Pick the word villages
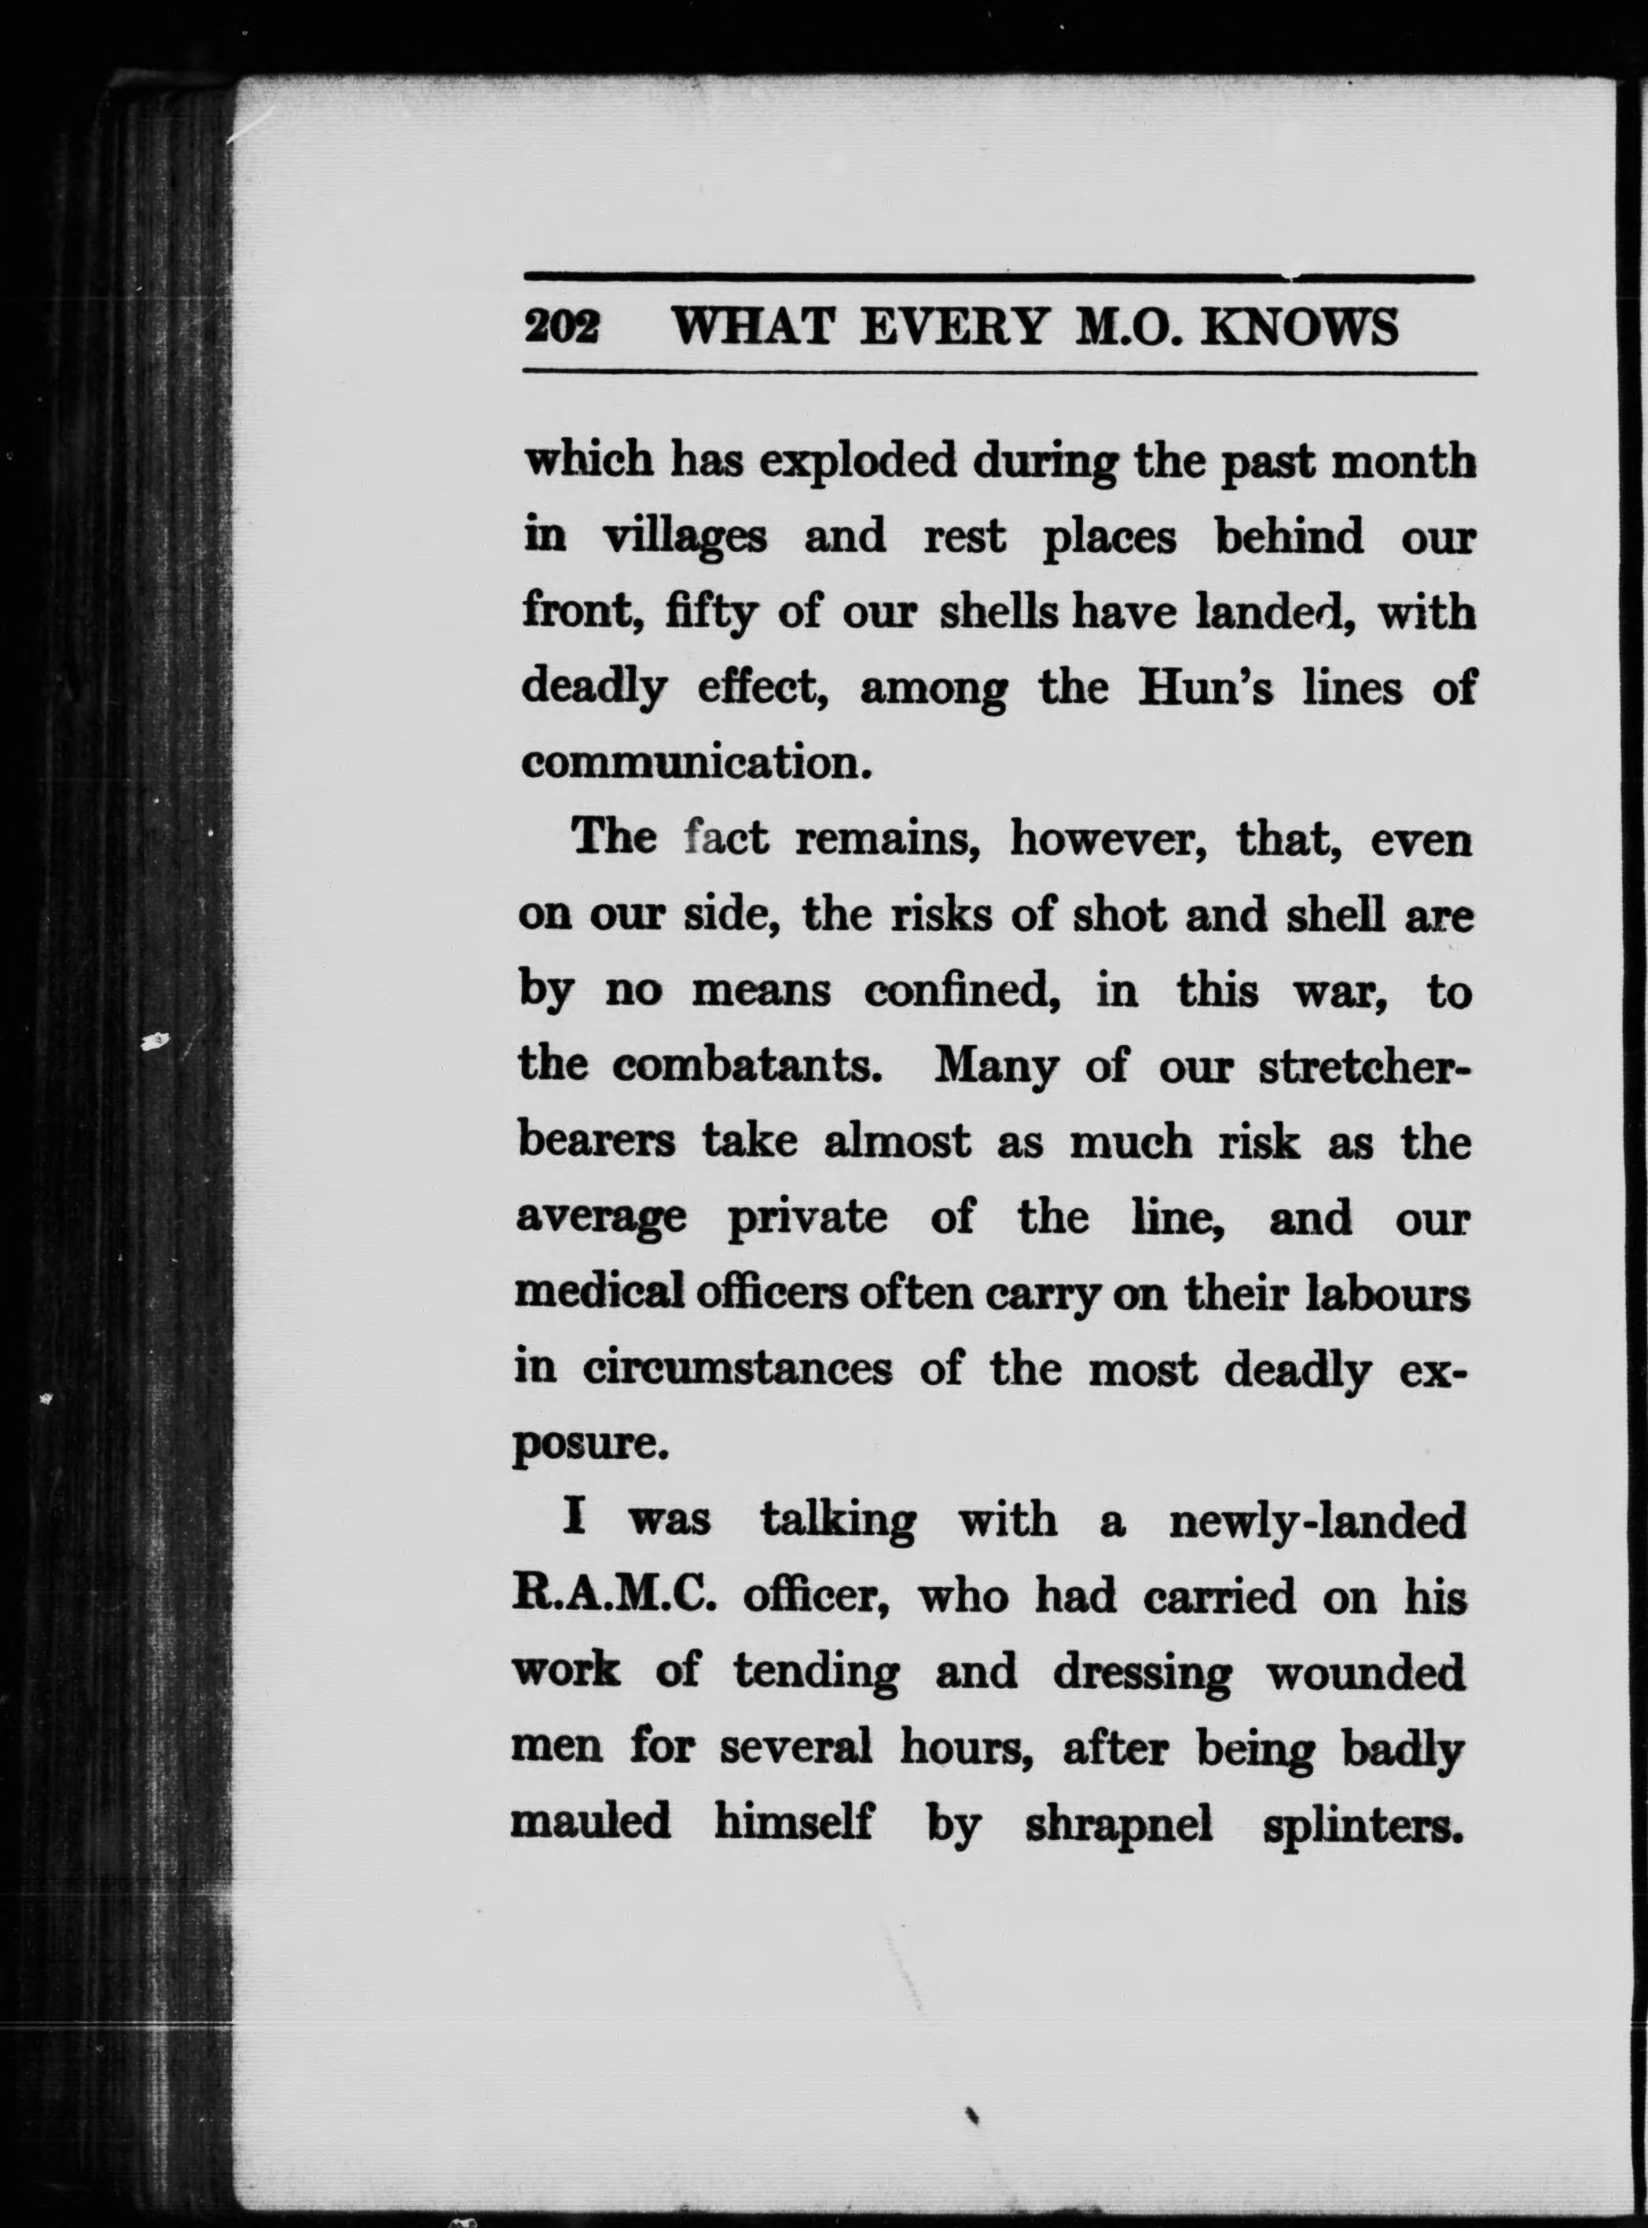tap(685, 539)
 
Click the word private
tap(807, 1218)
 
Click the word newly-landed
tap(1317, 1523)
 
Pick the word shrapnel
tap(1118, 1825)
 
